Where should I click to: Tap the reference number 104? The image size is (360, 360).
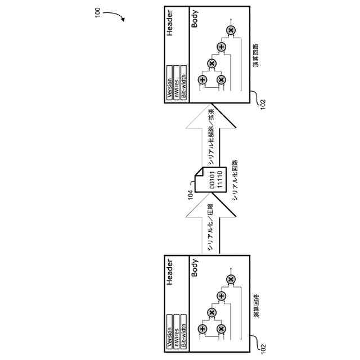(x=191, y=195)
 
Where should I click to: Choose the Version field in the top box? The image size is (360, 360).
(x=169, y=82)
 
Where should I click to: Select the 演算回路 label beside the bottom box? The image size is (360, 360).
(x=256, y=304)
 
